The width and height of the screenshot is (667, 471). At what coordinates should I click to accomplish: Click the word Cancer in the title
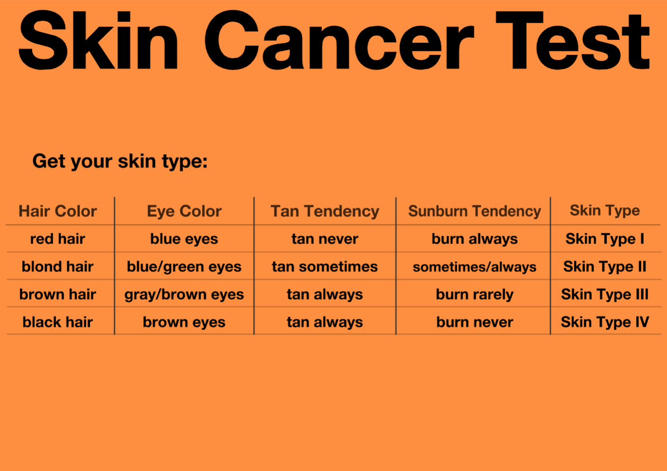(x=339, y=40)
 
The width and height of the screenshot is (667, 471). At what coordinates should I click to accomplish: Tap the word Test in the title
(x=573, y=40)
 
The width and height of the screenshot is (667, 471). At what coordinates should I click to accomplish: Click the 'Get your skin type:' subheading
(x=120, y=162)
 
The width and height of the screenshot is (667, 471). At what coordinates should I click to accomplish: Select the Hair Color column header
(x=58, y=211)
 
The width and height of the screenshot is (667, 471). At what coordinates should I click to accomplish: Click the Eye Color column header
(x=184, y=211)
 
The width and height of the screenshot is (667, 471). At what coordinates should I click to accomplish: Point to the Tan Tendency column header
(x=325, y=211)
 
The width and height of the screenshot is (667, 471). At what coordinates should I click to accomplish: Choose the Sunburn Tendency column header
(x=475, y=211)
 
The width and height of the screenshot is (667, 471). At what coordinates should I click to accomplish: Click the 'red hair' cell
(x=58, y=239)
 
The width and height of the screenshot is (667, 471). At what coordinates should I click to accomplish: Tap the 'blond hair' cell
(x=58, y=266)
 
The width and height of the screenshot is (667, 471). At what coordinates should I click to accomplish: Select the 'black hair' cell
(x=58, y=322)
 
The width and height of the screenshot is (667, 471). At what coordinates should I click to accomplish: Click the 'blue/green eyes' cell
(x=184, y=267)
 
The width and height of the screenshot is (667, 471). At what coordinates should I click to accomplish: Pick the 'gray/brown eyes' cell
(x=184, y=295)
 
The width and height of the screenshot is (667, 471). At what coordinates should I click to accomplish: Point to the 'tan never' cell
(x=325, y=239)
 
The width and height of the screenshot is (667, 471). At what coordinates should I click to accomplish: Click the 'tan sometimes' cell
(x=325, y=267)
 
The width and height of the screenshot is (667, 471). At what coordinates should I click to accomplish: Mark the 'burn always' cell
(x=475, y=239)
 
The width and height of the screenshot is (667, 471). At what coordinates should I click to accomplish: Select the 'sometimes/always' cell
(x=475, y=267)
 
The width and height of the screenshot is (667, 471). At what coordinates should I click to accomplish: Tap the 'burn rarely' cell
(x=475, y=295)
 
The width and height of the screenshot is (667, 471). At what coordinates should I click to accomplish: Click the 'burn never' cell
(x=475, y=322)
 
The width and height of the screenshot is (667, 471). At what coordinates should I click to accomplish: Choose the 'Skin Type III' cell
(x=605, y=294)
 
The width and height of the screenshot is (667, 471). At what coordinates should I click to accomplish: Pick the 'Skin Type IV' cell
(x=605, y=322)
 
